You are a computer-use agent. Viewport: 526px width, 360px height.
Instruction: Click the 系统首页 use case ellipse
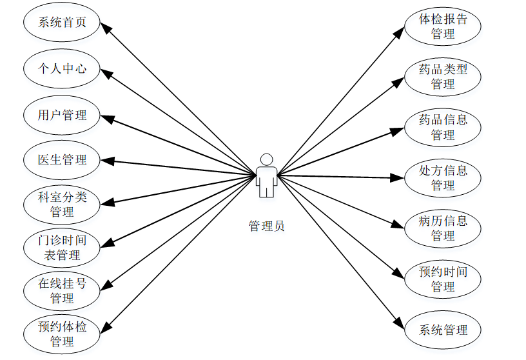pyautogui.click(x=62, y=23)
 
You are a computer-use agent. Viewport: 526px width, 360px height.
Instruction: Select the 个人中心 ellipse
pyautogui.click(x=62, y=68)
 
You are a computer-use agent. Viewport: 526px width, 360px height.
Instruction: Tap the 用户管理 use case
pyautogui.click(x=62, y=115)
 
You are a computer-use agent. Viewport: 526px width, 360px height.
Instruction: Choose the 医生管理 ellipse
pyautogui.click(x=62, y=159)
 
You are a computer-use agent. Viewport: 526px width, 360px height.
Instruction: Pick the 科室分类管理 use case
pyautogui.click(x=62, y=204)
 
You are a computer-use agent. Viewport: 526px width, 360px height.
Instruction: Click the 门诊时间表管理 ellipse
pyautogui.click(x=62, y=247)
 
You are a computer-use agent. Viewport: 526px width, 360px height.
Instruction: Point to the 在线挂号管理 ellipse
pyautogui.click(x=62, y=290)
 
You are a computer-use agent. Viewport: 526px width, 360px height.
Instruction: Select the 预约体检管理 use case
pyautogui.click(x=62, y=334)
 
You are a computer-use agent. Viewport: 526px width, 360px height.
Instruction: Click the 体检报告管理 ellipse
pyautogui.click(x=443, y=26)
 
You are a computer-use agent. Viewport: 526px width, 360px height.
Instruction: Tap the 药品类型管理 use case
pyautogui.click(x=443, y=77)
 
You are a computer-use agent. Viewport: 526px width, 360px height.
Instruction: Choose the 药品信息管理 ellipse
pyautogui.click(x=443, y=127)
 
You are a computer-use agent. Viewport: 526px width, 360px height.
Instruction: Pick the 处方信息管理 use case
pyautogui.click(x=443, y=177)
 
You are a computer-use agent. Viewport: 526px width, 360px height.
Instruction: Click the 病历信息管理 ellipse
pyautogui.click(x=443, y=228)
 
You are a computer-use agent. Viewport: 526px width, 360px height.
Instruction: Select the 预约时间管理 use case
pyautogui.click(x=443, y=279)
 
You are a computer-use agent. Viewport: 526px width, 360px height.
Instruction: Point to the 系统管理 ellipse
pyautogui.click(x=443, y=330)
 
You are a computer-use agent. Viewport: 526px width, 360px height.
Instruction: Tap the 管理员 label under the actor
pyautogui.click(x=266, y=226)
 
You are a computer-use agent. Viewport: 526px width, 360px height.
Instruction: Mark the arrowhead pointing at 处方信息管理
pyautogui.click(x=398, y=177)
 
